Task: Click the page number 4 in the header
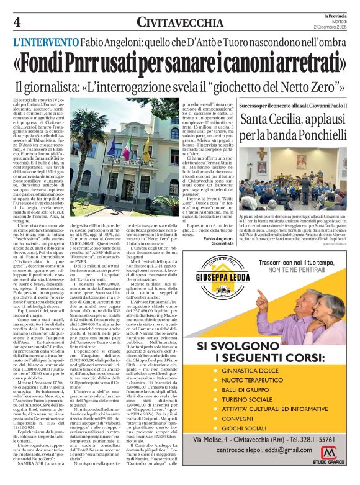[17, 23]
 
